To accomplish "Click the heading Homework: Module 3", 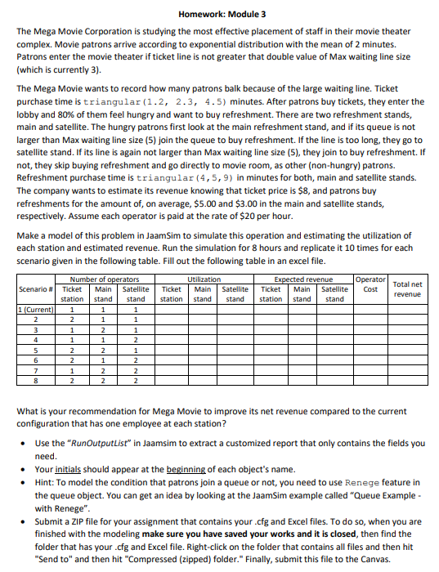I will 221,15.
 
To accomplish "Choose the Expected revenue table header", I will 302,279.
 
